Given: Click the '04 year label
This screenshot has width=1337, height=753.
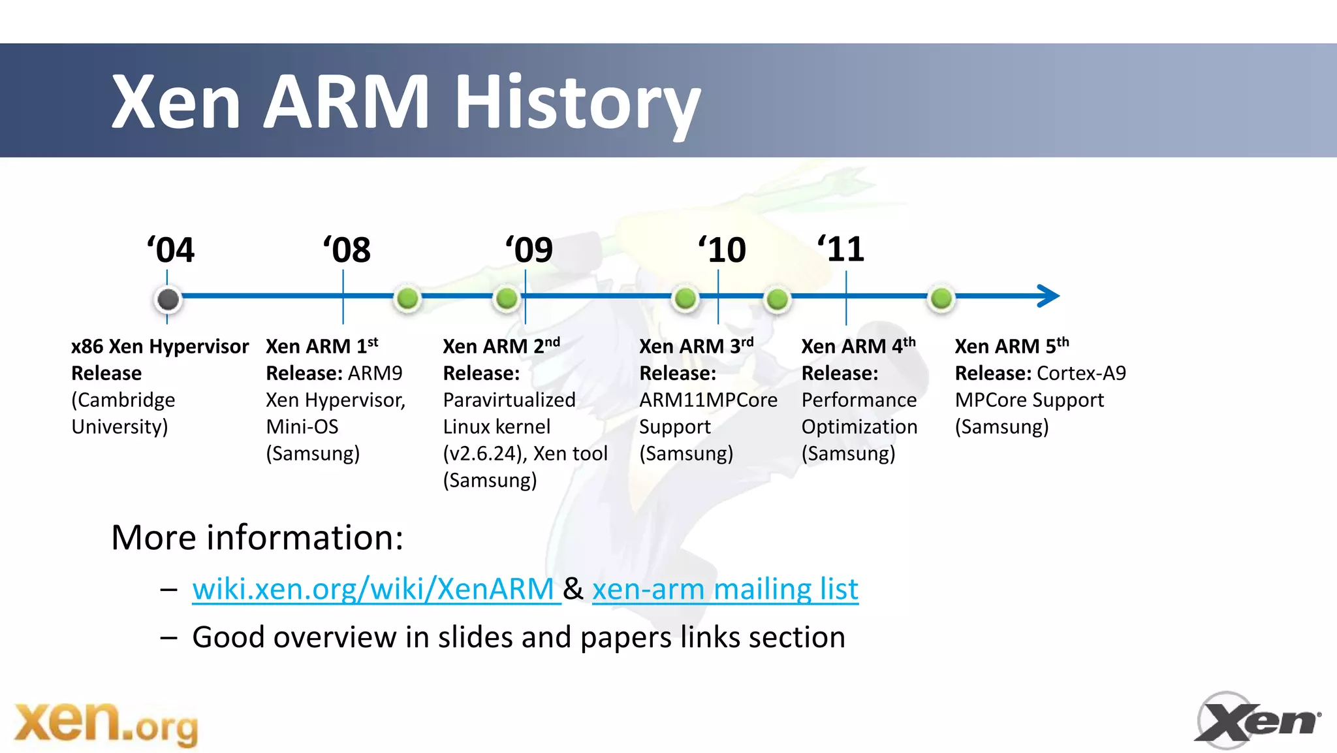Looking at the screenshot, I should (171, 250).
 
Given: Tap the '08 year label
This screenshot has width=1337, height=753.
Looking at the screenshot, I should (347, 250).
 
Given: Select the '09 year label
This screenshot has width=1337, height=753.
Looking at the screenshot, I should (529, 250).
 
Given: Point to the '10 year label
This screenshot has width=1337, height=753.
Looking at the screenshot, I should (722, 250).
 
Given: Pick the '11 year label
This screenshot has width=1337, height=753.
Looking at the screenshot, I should (842, 249).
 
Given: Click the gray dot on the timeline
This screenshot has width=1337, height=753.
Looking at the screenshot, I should (168, 299).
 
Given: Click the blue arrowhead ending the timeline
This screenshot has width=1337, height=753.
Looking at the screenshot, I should (1048, 296).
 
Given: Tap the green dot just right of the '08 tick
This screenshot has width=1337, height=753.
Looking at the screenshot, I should (407, 298).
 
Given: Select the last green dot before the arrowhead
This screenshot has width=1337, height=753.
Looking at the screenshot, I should (941, 298).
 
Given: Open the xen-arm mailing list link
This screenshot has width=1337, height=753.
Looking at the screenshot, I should (725, 588).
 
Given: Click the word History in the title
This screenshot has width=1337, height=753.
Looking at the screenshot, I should (577, 103).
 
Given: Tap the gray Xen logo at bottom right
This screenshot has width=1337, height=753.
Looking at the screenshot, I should (1257, 720).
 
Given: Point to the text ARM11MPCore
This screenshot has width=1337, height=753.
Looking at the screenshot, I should (708, 400).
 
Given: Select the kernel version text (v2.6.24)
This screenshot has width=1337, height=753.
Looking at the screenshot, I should (484, 453).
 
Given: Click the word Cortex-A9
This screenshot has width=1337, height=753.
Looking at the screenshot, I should (1081, 373).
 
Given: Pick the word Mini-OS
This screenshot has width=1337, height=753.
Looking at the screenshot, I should (302, 426).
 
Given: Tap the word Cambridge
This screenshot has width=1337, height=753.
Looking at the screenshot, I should (123, 400).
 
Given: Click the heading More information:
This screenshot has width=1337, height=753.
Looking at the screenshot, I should (257, 537).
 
